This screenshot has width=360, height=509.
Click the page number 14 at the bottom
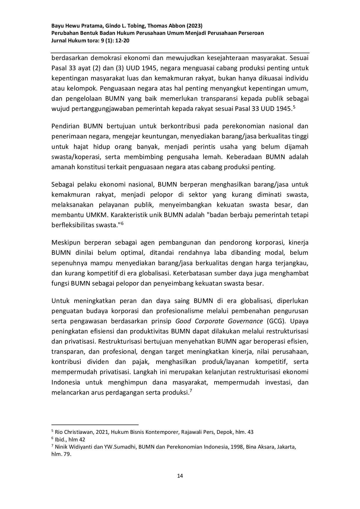[180, 476]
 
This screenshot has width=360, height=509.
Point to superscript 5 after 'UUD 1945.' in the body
[294, 107]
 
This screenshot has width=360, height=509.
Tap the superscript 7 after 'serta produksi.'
[190, 391]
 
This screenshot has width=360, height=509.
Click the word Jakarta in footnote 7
[286, 447]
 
